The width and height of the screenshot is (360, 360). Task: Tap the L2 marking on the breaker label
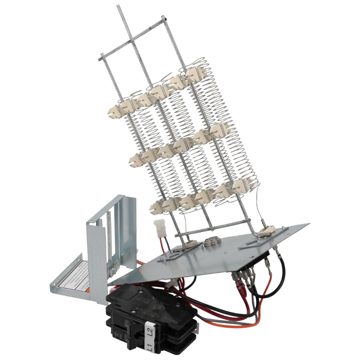pyautogui.click(x=149, y=332)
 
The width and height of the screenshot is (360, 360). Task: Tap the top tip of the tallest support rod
pyautogui.click(x=118, y=6)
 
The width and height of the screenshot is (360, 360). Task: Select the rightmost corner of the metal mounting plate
pyautogui.click(x=309, y=224)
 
